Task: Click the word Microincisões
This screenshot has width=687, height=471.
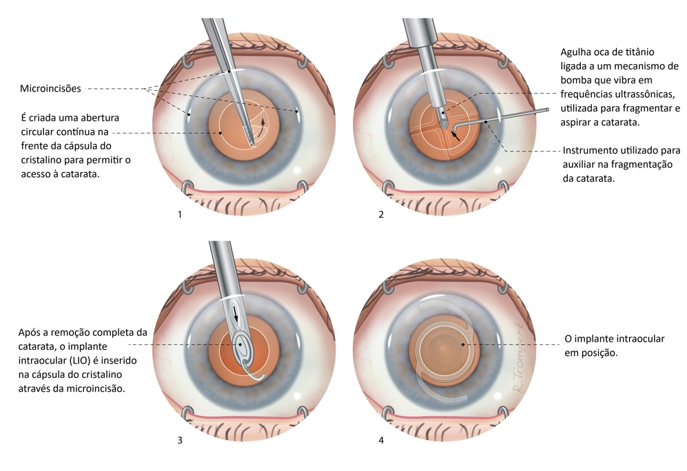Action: pos(51,88)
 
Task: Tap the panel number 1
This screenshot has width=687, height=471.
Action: pos(180,215)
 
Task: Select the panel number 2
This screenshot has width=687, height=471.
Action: pos(381,215)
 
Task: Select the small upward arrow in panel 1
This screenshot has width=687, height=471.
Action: pos(261,125)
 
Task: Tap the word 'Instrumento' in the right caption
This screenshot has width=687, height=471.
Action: pos(592,150)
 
